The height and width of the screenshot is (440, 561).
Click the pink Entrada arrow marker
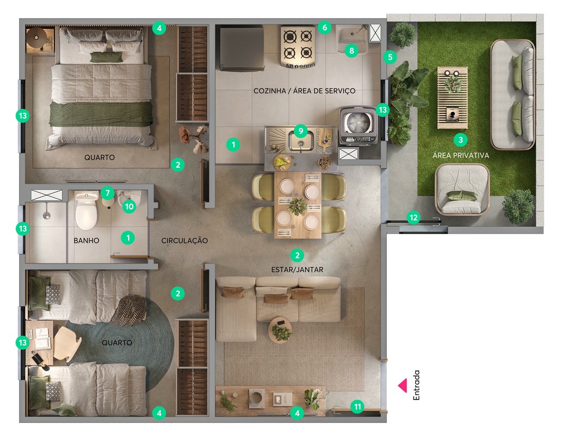[x=403, y=386]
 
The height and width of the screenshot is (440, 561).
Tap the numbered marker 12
[x=414, y=218]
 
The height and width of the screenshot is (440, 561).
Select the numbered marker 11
[x=357, y=407]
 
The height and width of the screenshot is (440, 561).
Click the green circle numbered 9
[x=300, y=131]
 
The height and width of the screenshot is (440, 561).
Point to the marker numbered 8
[x=351, y=51]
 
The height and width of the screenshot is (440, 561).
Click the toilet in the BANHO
[x=86, y=210]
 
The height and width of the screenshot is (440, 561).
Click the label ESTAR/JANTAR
[x=297, y=270]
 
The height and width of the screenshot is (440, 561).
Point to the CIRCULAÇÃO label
[x=185, y=241]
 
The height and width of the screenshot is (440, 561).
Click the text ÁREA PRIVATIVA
[x=461, y=156]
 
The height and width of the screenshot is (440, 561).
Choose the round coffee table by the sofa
[x=280, y=329]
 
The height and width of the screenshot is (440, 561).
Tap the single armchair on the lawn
[x=462, y=190]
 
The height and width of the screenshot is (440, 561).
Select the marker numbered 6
[x=324, y=27]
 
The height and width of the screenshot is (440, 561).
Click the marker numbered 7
[x=107, y=193]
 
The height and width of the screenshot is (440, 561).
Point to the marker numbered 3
[x=461, y=139]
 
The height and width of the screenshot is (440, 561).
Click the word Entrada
[x=417, y=386]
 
